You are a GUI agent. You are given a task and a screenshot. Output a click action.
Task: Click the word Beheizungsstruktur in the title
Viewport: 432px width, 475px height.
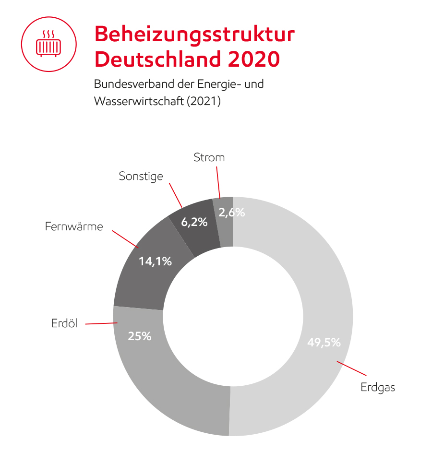(194, 35)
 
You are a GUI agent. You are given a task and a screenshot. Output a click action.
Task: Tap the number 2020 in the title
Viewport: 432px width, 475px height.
(253, 59)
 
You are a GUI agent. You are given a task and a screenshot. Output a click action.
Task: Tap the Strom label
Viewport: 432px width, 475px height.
(209, 157)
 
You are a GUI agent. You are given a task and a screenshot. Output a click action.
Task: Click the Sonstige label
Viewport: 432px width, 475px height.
(141, 176)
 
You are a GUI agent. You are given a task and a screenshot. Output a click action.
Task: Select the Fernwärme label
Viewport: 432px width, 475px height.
(74, 226)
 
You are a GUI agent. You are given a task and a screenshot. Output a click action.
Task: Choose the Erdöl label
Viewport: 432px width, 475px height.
(64, 324)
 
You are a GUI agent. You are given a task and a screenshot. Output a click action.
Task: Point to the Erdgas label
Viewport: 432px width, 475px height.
(378, 387)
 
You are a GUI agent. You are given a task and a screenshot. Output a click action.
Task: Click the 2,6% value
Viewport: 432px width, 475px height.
(231, 213)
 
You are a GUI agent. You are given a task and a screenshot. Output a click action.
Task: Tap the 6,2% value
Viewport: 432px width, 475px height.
(194, 222)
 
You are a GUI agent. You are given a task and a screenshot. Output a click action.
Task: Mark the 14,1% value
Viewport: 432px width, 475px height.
(155, 261)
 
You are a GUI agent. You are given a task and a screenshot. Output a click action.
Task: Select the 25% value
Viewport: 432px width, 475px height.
(140, 336)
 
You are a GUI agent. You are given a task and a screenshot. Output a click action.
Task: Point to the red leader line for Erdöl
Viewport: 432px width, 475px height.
(101, 324)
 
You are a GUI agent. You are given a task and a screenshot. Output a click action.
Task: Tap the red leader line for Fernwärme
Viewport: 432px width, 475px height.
(125, 239)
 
